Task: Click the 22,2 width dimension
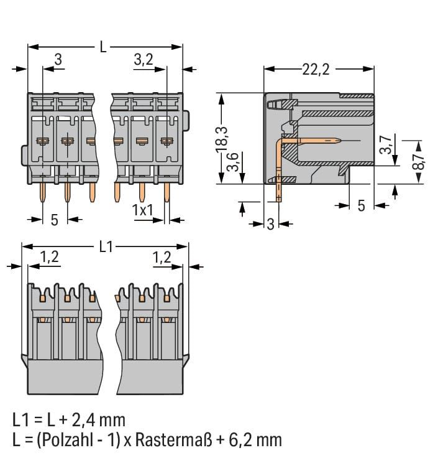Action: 316,69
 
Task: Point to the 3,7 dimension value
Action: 386,145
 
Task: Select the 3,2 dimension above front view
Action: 144,60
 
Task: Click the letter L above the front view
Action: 103,47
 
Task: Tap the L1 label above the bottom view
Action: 106,246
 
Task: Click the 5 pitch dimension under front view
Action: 54,219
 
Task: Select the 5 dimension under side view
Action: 361,205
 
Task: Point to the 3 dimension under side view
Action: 270,224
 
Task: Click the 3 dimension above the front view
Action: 58,60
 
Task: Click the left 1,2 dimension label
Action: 50,256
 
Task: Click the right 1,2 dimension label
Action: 162,256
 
